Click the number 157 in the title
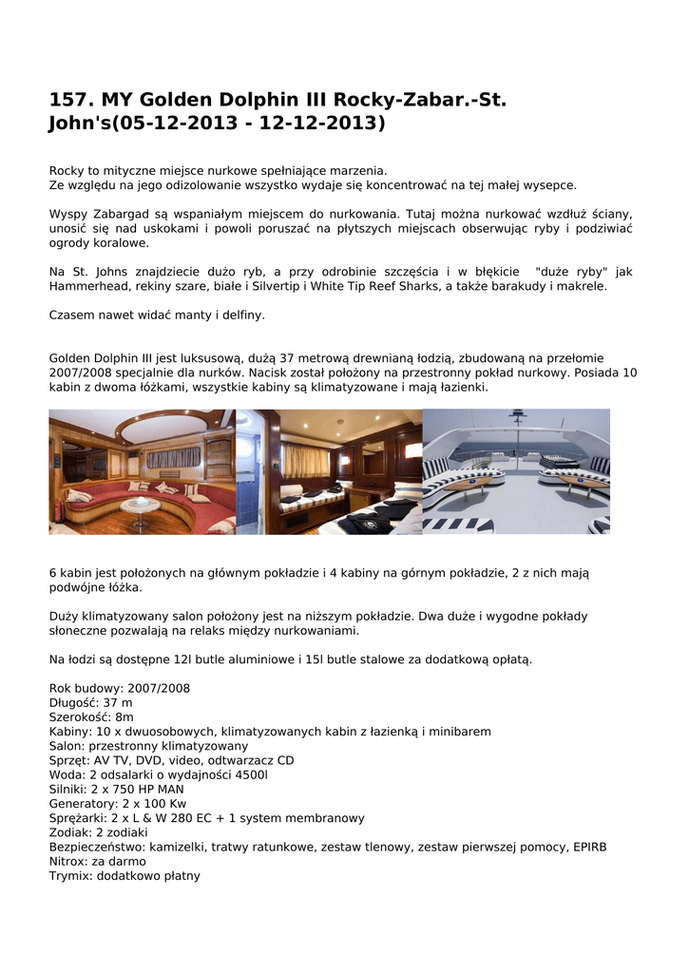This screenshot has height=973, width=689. [x=70, y=100]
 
